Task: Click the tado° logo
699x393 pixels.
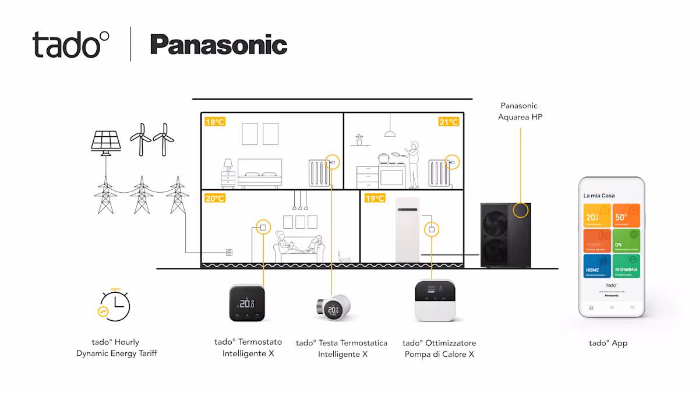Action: tap(70, 44)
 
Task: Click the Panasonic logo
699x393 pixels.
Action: tap(218, 45)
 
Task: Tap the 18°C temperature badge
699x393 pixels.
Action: tap(214, 122)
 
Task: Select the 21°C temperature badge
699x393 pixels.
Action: tap(449, 122)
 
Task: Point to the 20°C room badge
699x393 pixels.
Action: tap(214, 199)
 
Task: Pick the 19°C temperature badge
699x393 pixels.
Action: tap(375, 199)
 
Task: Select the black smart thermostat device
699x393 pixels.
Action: tap(247, 303)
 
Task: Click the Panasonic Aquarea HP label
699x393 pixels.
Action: tap(520, 111)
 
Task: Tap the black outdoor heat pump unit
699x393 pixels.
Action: tap(504, 235)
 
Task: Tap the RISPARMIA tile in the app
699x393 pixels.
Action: tap(626, 265)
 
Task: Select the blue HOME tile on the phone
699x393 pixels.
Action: tap(597, 265)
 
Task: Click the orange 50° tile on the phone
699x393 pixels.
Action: tap(626, 215)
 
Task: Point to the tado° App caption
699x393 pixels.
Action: tap(608, 343)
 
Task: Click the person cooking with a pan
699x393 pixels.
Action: tap(412, 163)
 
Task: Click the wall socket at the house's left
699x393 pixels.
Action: tap(230, 253)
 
